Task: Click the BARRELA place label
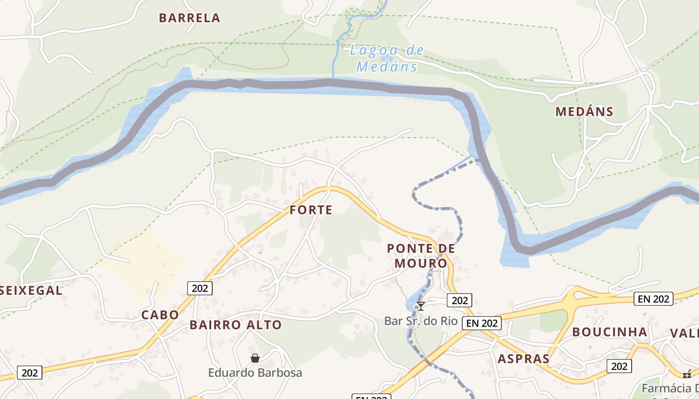[x=189, y=18]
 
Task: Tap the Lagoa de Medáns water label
[x=387, y=58]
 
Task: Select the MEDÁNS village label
[x=584, y=112]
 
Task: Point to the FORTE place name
[x=311, y=210]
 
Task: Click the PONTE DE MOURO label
[x=421, y=255]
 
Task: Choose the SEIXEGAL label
[x=31, y=290]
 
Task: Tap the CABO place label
[x=160, y=315]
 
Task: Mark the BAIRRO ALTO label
[x=236, y=325]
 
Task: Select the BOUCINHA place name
[x=609, y=332]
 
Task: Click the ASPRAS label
[x=523, y=359]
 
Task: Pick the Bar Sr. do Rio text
[x=421, y=321]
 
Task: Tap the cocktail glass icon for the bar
[x=421, y=306]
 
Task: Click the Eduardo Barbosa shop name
[x=255, y=373]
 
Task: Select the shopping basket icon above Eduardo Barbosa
[x=255, y=358]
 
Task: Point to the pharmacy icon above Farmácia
[x=688, y=374]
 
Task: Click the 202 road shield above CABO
[x=200, y=288]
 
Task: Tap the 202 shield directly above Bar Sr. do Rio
[x=459, y=300]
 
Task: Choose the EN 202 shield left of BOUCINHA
[x=482, y=323]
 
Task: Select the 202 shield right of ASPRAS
[x=619, y=366]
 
